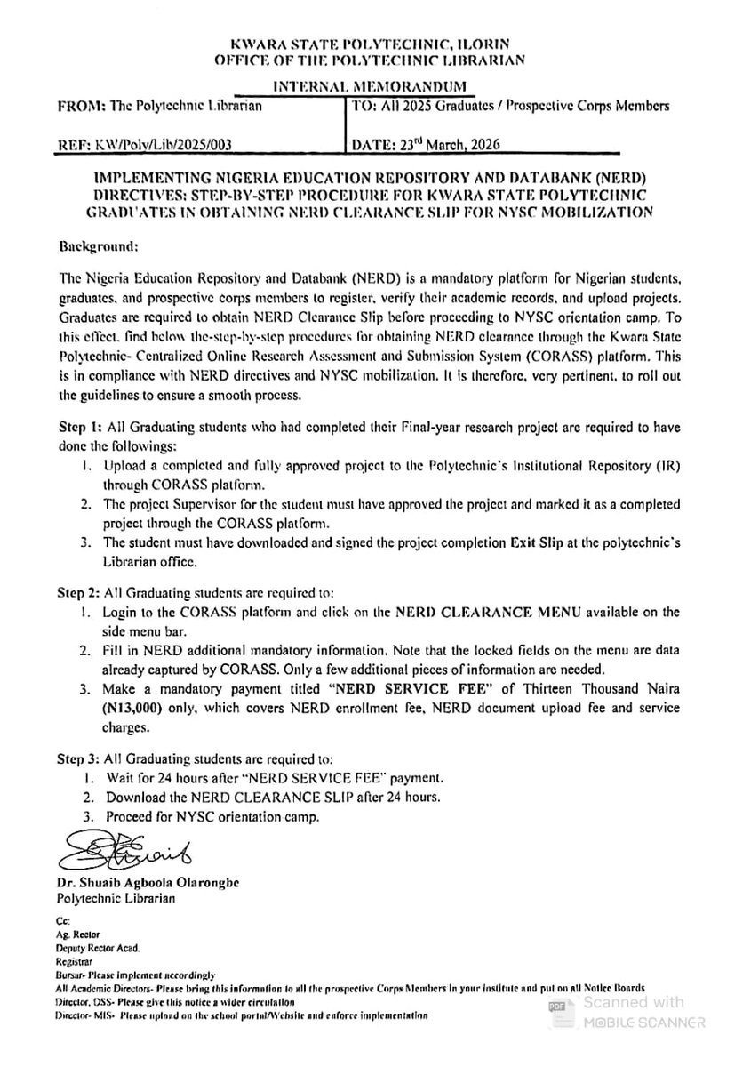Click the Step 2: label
point(79,590)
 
